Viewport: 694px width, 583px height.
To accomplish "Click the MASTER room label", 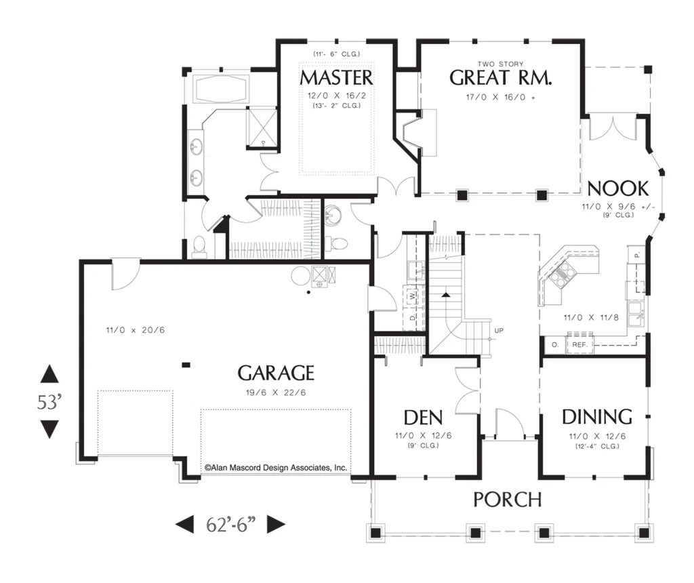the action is pyautogui.click(x=336, y=78).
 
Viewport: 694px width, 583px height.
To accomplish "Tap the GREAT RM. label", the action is pyautogui.click(x=501, y=78).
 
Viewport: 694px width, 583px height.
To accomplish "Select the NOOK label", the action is pyautogui.click(x=618, y=188).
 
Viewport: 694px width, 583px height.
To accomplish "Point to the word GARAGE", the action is pyautogui.click(x=277, y=373).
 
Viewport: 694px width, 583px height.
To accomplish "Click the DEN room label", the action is pyautogui.click(x=423, y=418).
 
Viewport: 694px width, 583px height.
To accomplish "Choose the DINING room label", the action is pyautogui.click(x=597, y=417).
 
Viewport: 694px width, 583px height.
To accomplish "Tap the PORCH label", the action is pyautogui.click(x=508, y=500).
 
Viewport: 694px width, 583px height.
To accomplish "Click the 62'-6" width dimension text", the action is pyautogui.click(x=230, y=525).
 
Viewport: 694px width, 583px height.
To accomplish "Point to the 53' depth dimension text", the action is pyautogui.click(x=49, y=403).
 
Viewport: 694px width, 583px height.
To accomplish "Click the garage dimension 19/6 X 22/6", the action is pyautogui.click(x=276, y=393).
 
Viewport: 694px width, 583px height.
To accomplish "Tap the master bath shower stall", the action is pyautogui.click(x=262, y=126).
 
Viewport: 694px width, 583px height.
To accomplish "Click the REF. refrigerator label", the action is pyautogui.click(x=580, y=344).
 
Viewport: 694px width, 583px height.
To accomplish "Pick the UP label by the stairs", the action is pyautogui.click(x=499, y=330).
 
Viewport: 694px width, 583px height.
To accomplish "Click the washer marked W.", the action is pyautogui.click(x=413, y=295).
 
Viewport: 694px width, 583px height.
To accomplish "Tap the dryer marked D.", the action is pyautogui.click(x=413, y=317).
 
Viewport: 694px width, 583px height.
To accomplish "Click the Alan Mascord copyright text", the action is pyautogui.click(x=275, y=468).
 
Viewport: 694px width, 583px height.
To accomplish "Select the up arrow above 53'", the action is pyautogui.click(x=49, y=374).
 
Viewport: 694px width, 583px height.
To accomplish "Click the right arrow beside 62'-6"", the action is pyautogui.click(x=277, y=525).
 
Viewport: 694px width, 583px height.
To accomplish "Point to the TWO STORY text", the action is pyautogui.click(x=501, y=64).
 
